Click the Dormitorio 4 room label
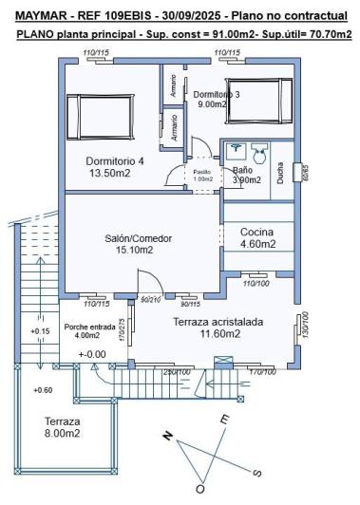115,161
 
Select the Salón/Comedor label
134,238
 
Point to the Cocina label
256,232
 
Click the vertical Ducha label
280,174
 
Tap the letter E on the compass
224,419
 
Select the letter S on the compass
256,472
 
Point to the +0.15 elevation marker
41,331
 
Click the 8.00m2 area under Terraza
62,433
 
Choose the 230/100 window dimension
177,371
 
